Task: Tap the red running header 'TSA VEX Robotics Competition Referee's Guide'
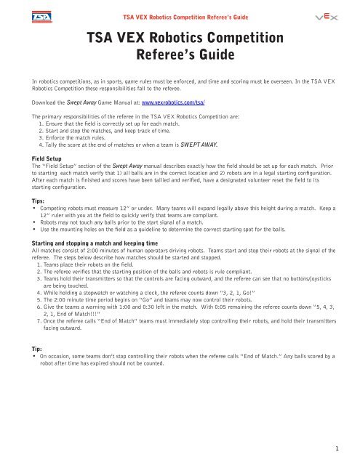(x=180, y=15)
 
